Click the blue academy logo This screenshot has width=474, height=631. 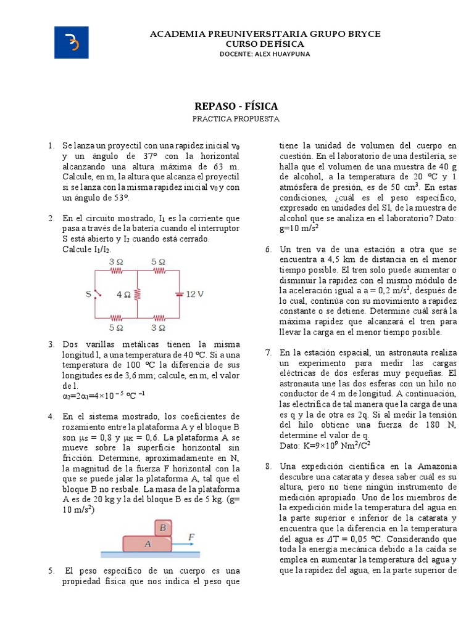click(x=71, y=44)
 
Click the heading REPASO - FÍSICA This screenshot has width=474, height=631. click(x=236, y=106)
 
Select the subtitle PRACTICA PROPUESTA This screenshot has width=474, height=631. click(x=236, y=118)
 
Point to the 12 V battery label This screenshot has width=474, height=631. click(x=194, y=295)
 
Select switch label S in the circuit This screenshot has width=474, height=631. click(x=88, y=295)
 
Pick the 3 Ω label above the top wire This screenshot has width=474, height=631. click(x=115, y=262)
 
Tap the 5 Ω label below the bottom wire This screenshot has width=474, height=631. click(x=115, y=327)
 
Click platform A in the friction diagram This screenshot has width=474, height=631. click(x=147, y=544)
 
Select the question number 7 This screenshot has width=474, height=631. click(x=268, y=352)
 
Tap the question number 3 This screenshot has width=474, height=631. click(x=51, y=344)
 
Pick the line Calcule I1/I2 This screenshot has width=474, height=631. click(x=86, y=249)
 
